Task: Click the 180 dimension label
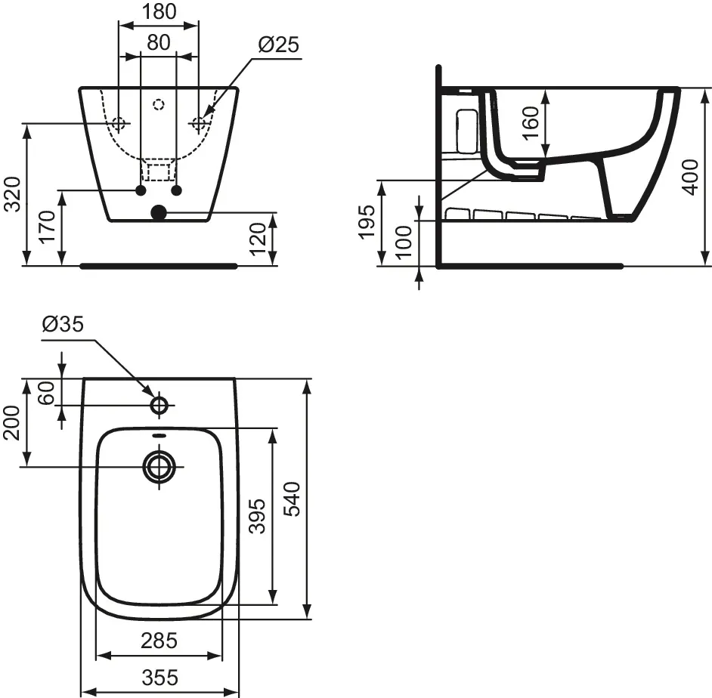pyautogui.click(x=159, y=11)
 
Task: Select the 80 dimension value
pyautogui.click(x=158, y=42)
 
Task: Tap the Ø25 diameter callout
pyautogui.click(x=278, y=45)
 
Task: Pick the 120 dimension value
pyautogui.click(x=259, y=239)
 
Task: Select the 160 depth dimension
pyautogui.click(x=531, y=121)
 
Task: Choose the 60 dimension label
pyautogui.click(x=48, y=393)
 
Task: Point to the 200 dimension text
pyautogui.click(x=13, y=422)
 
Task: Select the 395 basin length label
pyautogui.click(x=258, y=516)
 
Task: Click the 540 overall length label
pyautogui.click(x=293, y=499)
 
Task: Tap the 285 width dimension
pyautogui.click(x=159, y=641)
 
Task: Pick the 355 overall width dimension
pyautogui.click(x=159, y=678)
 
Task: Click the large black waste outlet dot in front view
pyautogui.click(x=158, y=213)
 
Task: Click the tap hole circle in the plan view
pyautogui.click(x=159, y=406)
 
